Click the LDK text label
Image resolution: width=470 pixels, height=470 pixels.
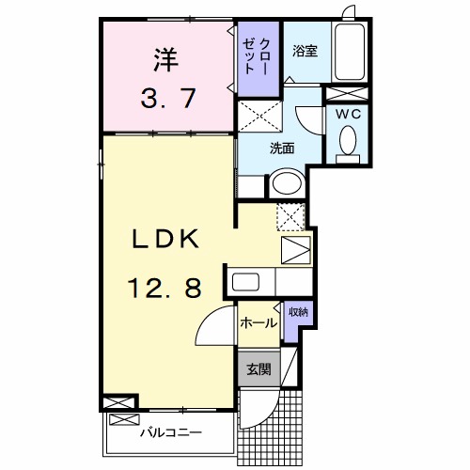(165, 241)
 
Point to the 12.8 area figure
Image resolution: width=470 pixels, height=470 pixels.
(165, 289)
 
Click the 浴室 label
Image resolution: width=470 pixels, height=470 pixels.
(304, 51)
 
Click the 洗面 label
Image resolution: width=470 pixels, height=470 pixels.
(283, 148)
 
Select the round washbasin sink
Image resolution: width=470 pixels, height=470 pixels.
(287, 184)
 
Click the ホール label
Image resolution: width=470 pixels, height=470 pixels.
(258, 323)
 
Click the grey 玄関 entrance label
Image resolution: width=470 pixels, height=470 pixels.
(258, 369)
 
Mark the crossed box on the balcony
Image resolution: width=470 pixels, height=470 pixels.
(120, 402)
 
